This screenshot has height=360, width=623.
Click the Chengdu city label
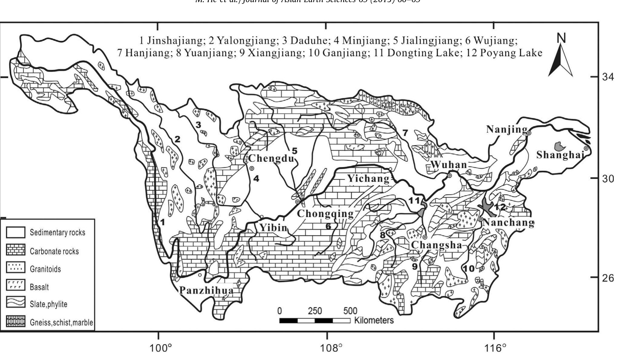[x=271, y=158]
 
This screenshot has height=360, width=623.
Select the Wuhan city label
[x=449, y=165]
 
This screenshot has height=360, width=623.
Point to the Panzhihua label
[x=206, y=290]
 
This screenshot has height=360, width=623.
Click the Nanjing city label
[x=507, y=130]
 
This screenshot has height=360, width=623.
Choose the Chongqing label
[x=325, y=214]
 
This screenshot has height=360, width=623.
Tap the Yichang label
[x=368, y=179]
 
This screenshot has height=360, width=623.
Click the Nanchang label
[x=508, y=223]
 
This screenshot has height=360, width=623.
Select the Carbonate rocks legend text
[x=54, y=251]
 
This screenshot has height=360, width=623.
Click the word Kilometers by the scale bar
[x=374, y=320]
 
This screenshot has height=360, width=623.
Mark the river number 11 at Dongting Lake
[x=414, y=200]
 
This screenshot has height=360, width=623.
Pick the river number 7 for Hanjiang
[x=405, y=133]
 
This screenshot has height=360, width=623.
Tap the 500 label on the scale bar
[x=350, y=311]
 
